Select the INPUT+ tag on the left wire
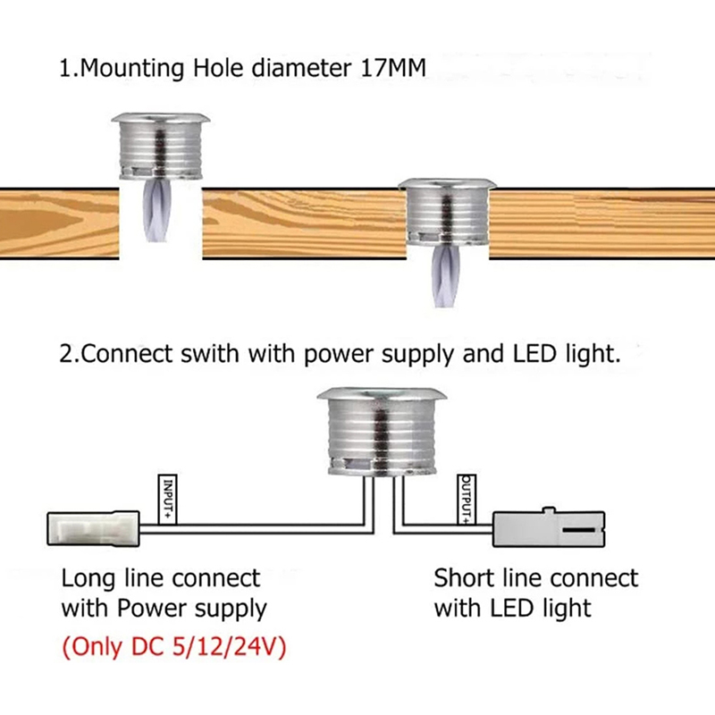pyautogui.click(x=167, y=499)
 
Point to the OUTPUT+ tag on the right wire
pyautogui.click(x=466, y=499)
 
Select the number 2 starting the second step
pyautogui.click(x=65, y=353)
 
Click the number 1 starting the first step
pyautogui.click(x=65, y=70)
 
